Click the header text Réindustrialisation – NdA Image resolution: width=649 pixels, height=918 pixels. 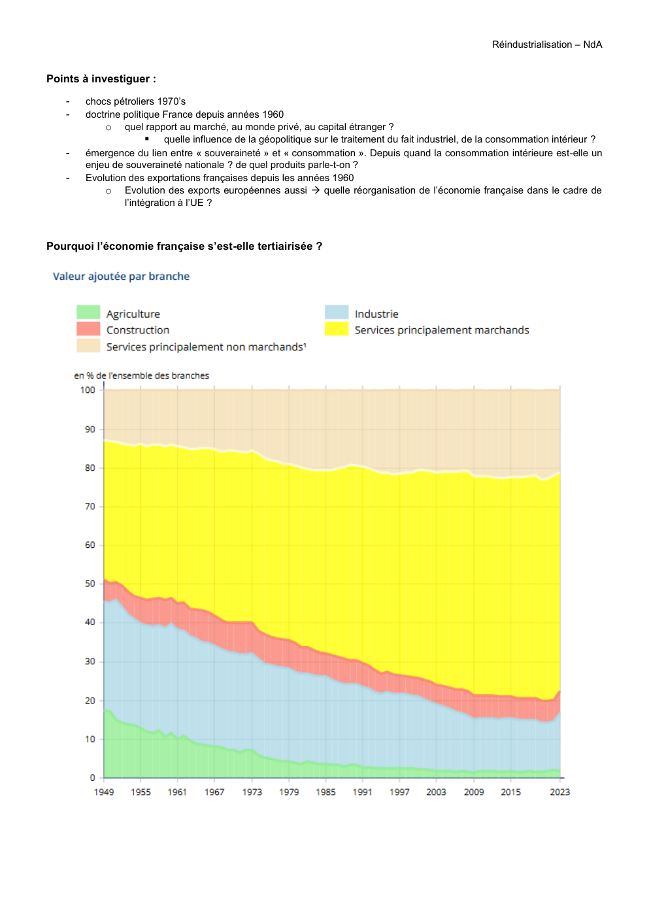(546, 44)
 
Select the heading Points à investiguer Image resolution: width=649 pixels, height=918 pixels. (101, 79)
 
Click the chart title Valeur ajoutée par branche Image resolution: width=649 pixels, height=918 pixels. (121, 277)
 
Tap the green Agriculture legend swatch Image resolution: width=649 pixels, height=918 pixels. (88, 313)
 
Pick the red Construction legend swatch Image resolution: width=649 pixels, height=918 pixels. (88, 329)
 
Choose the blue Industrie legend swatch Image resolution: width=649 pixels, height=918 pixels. (337, 313)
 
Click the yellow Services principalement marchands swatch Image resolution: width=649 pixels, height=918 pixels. (337, 329)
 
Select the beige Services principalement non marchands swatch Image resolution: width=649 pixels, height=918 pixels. (88, 346)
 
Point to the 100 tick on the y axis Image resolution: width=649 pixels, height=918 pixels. (88, 390)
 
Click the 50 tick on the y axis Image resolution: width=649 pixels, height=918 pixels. (90, 583)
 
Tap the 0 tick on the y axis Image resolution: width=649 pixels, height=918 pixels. (93, 777)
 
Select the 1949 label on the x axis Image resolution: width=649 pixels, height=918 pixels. (104, 792)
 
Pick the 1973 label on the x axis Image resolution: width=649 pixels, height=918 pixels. (252, 792)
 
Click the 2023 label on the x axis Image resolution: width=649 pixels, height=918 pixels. (559, 792)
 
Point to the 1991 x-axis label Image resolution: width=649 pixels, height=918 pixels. (362, 792)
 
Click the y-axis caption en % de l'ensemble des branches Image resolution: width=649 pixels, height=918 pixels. (141, 375)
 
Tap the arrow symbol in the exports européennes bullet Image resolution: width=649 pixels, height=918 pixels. (315, 190)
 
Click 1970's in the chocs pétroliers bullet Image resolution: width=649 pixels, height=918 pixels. (171, 101)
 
